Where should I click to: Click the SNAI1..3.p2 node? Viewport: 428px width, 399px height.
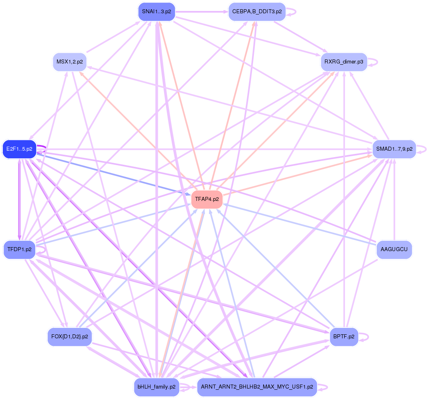(156, 12)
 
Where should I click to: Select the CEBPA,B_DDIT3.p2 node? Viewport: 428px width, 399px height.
(257, 12)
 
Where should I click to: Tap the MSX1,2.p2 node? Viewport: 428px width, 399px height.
(70, 62)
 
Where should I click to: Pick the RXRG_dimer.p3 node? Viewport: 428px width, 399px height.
(344, 62)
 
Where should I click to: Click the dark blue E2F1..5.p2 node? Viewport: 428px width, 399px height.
(19, 149)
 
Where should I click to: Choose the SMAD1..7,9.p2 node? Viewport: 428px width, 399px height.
(394, 149)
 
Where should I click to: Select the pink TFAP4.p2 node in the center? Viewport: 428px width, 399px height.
(207, 199)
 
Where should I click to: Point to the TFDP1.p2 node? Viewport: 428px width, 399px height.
(19, 250)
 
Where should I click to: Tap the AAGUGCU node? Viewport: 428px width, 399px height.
(394, 250)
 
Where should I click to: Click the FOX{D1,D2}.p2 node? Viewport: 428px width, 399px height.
(70, 336)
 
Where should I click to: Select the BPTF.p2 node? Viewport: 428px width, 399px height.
(344, 336)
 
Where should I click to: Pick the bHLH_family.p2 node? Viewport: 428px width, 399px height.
(156, 387)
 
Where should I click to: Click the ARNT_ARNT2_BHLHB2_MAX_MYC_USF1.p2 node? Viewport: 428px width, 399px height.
(257, 387)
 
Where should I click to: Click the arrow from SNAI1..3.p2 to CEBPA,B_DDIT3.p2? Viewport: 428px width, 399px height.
(201, 12)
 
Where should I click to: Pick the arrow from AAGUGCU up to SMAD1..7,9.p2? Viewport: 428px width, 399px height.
(394, 201)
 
